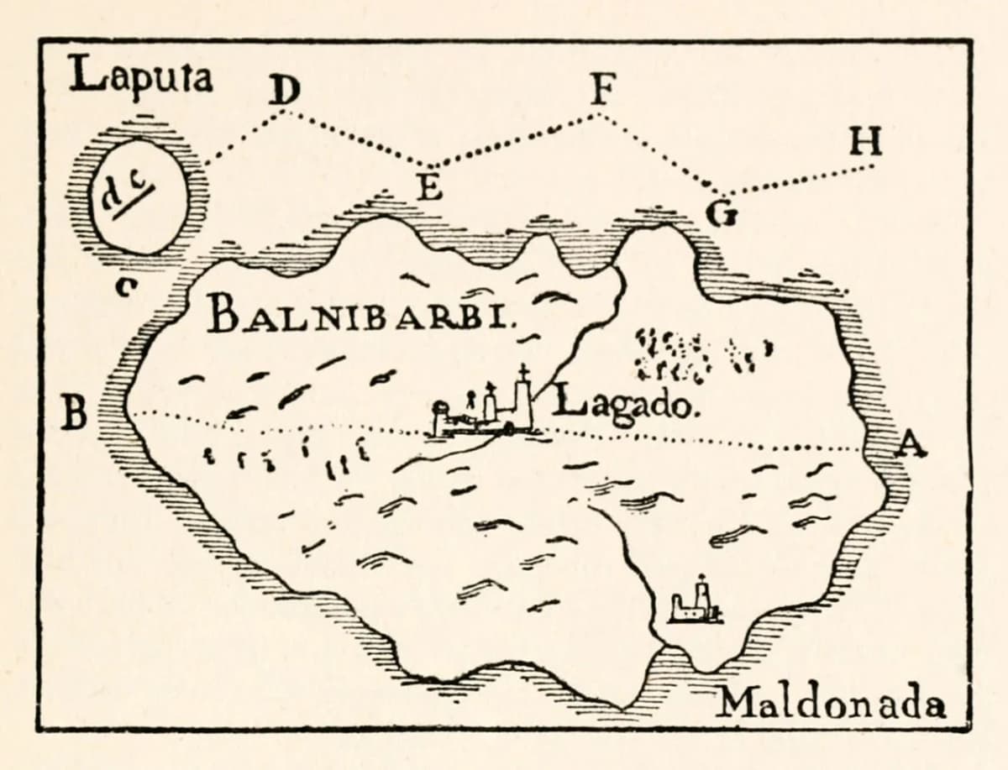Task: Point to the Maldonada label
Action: coord(832,703)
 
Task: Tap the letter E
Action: coord(430,187)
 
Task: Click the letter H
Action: coord(866,144)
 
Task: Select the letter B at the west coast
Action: coord(78,413)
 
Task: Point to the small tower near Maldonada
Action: coord(696,602)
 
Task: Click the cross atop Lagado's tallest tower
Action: coord(522,372)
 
